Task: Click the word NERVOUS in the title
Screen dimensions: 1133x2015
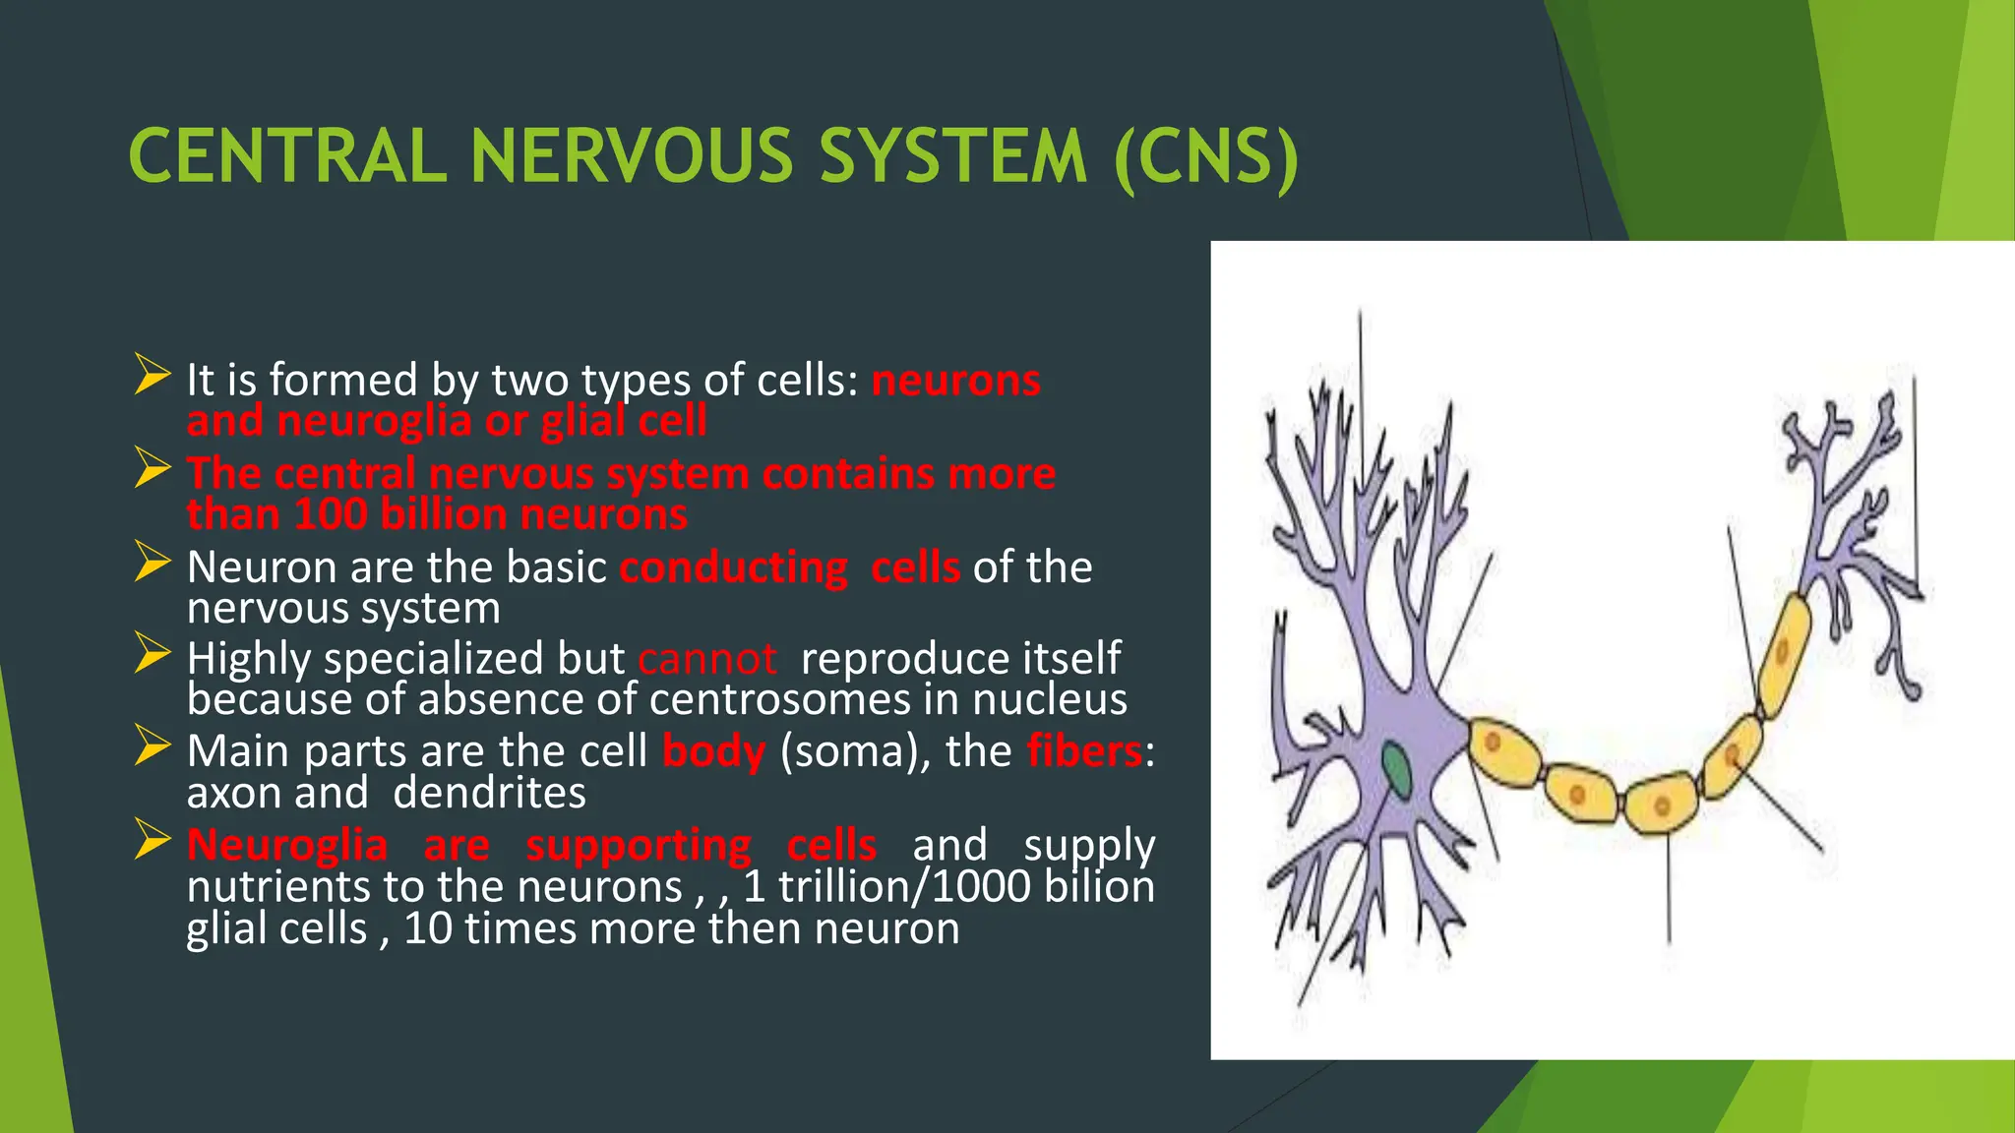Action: (631, 157)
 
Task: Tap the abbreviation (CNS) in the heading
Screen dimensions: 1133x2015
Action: (1206, 157)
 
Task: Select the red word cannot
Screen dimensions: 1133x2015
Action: (706, 659)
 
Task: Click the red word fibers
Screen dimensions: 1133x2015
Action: (1084, 751)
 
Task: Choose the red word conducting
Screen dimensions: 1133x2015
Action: (733, 567)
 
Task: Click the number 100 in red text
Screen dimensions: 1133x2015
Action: (330, 514)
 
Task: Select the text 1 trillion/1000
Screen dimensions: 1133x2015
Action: (885, 887)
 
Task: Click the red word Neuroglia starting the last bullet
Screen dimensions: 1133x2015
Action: (286, 845)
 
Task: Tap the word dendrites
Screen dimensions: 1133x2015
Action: (489, 793)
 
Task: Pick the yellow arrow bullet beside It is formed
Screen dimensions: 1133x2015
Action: (153, 376)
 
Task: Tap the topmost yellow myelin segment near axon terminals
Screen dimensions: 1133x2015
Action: (1785, 653)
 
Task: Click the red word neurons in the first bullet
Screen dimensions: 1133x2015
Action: (955, 381)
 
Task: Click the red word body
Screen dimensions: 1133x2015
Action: (713, 751)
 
